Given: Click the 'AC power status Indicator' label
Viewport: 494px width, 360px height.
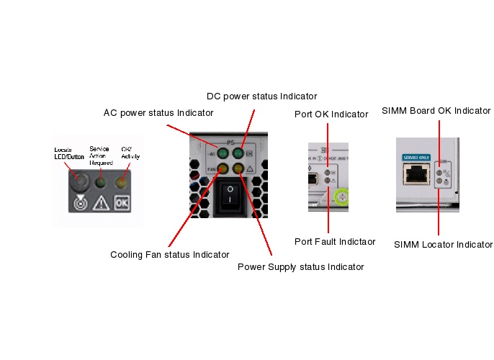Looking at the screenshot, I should pyautogui.click(x=158, y=113).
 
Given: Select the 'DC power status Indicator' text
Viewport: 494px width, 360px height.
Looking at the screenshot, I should pyautogui.click(x=261, y=96).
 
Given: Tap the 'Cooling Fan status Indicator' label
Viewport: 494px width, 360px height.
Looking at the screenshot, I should pyautogui.click(x=170, y=254).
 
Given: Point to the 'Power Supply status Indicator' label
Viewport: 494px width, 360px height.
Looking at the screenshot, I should pyautogui.click(x=300, y=266).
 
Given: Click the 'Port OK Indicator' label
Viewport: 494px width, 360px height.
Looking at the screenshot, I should pyautogui.click(x=331, y=114).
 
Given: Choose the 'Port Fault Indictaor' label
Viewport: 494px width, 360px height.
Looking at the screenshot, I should pyautogui.click(x=335, y=241).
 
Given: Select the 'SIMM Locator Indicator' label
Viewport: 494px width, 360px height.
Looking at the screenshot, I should pyautogui.click(x=443, y=245).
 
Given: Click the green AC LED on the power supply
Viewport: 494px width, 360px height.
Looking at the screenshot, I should pyautogui.click(x=223, y=154).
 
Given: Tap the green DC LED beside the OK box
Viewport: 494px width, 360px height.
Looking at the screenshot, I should pyautogui.click(x=238, y=154).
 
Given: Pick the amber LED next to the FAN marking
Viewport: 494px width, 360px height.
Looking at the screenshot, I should pyautogui.click(x=223, y=168).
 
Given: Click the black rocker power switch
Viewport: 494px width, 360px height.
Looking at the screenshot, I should pyautogui.click(x=230, y=195).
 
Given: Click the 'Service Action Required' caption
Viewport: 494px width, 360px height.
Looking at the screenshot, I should pyautogui.click(x=99, y=156).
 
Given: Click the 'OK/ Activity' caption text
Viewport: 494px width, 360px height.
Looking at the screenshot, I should pyautogui.click(x=130, y=152).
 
